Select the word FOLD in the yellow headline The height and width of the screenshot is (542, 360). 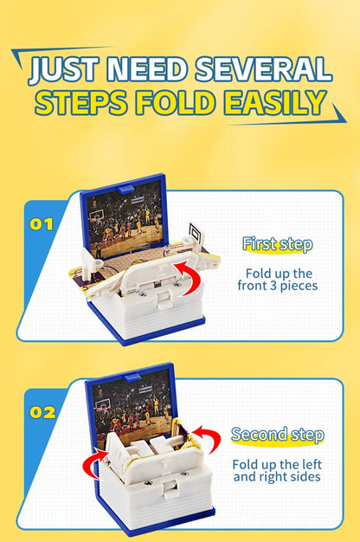(x=174, y=102)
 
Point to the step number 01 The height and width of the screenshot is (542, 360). (x=42, y=224)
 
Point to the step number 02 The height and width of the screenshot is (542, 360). (x=42, y=412)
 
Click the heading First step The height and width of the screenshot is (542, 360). (x=278, y=244)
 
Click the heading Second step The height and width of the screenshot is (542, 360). (x=278, y=435)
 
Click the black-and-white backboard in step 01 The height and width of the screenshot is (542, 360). (x=196, y=234)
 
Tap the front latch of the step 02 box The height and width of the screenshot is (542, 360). (x=171, y=489)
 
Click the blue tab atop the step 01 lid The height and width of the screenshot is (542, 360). (x=126, y=189)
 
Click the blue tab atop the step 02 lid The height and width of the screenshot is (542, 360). (x=132, y=377)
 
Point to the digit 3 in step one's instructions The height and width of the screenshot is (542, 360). (x=271, y=287)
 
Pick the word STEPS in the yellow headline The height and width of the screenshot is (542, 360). (x=81, y=102)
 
